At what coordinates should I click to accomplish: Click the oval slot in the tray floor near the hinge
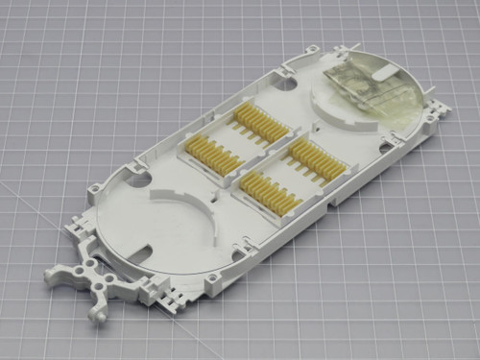(144, 253)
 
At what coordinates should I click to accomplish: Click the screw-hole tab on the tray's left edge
(96, 187)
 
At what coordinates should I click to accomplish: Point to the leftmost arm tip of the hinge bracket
(47, 276)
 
